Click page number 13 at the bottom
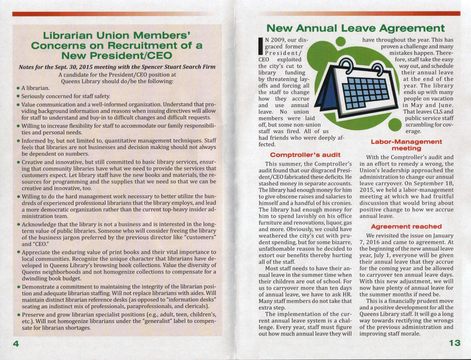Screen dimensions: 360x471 point(454,343)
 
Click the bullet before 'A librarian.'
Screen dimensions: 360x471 point(18,88)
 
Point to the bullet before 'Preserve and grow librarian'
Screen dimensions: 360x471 point(18,315)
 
